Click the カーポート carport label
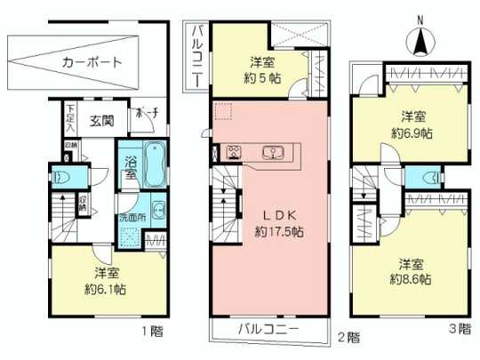(92, 62)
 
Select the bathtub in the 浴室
(153, 163)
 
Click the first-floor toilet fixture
(62, 176)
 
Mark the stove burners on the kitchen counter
(236, 151)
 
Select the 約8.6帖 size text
(411, 279)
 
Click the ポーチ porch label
(145, 115)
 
